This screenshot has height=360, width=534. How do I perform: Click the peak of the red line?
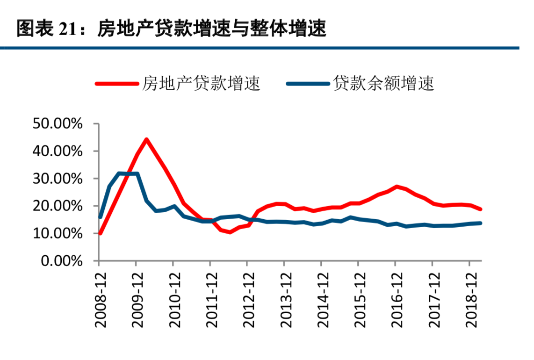[x=146, y=139]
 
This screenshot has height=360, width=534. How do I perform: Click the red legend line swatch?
[x=117, y=84]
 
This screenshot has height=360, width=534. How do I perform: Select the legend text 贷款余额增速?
[x=383, y=84]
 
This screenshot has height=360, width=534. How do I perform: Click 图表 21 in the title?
[x=44, y=29]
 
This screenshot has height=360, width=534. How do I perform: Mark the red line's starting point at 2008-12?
[x=100, y=233]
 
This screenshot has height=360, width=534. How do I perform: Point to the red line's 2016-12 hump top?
[x=396, y=187]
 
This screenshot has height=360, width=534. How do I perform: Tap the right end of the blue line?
[x=480, y=223]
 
